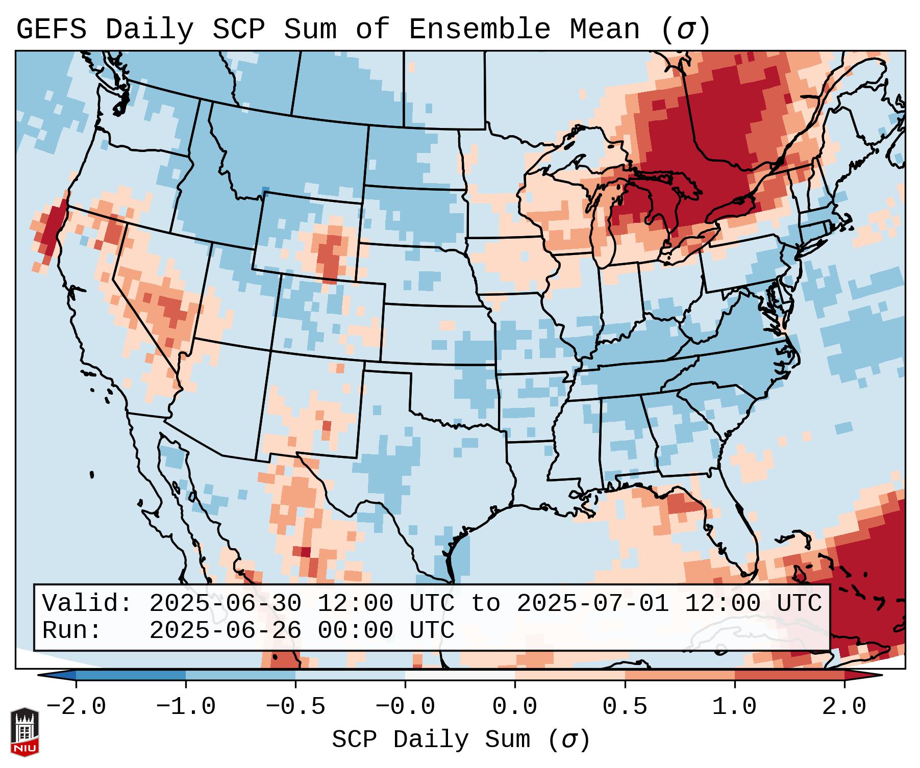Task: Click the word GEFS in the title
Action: (51, 30)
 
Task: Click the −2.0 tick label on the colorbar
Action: (76, 707)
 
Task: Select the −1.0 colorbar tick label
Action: (186, 707)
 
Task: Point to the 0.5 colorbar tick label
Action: (625, 707)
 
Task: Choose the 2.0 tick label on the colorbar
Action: (844, 707)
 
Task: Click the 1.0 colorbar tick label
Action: (735, 707)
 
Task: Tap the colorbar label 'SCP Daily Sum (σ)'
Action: (461, 740)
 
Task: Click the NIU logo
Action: (24, 732)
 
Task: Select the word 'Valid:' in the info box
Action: (87, 604)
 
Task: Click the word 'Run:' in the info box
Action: (72, 631)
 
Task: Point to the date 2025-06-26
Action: (225, 631)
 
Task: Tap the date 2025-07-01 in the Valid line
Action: (593, 604)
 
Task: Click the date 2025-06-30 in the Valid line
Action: (225, 604)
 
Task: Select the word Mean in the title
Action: (604, 30)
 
